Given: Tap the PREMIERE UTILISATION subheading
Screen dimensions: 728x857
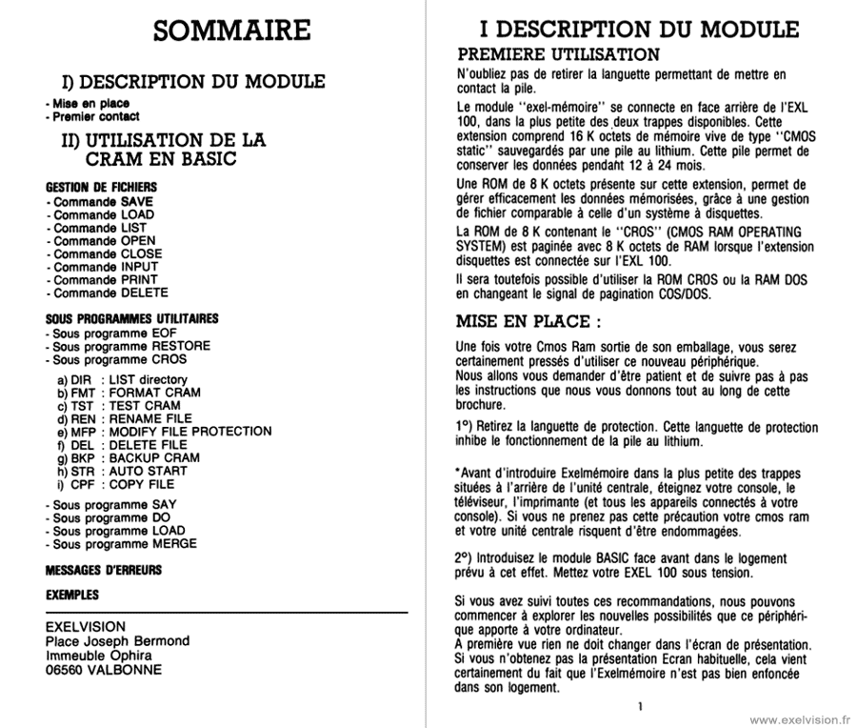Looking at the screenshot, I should tap(558, 54).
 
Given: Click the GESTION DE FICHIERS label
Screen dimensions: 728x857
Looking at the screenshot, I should tap(101, 188).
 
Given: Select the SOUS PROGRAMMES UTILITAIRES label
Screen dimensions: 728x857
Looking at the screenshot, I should tap(131, 318).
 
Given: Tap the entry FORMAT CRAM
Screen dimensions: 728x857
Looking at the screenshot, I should tap(154, 393).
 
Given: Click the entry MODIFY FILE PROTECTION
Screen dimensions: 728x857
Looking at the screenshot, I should tap(190, 432).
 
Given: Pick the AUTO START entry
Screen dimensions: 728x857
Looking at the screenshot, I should tap(148, 471).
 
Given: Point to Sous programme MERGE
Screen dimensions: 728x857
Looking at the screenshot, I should tap(121, 544).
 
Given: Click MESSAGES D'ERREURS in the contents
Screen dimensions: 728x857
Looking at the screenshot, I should tap(104, 571).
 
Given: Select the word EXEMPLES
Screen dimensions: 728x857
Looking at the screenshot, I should tap(72, 595).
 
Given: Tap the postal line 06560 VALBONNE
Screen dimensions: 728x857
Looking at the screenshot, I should tap(104, 669).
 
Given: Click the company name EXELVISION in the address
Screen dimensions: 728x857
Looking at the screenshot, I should tap(86, 627).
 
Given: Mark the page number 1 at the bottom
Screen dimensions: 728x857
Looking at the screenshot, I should tap(641, 706).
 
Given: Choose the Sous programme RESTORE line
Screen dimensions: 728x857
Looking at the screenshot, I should tap(128, 347).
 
